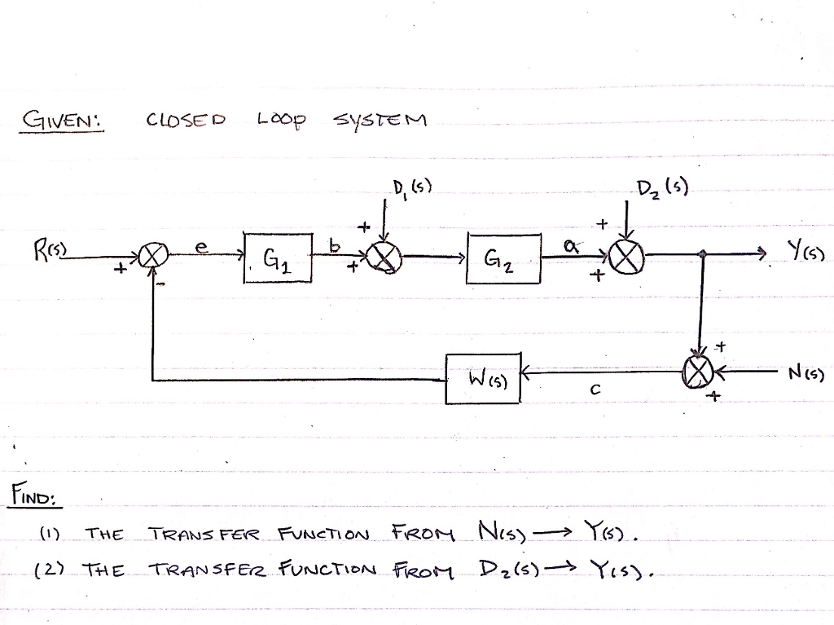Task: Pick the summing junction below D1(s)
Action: point(385,259)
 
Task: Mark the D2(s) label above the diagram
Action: point(661,193)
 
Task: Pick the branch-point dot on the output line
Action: point(702,255)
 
